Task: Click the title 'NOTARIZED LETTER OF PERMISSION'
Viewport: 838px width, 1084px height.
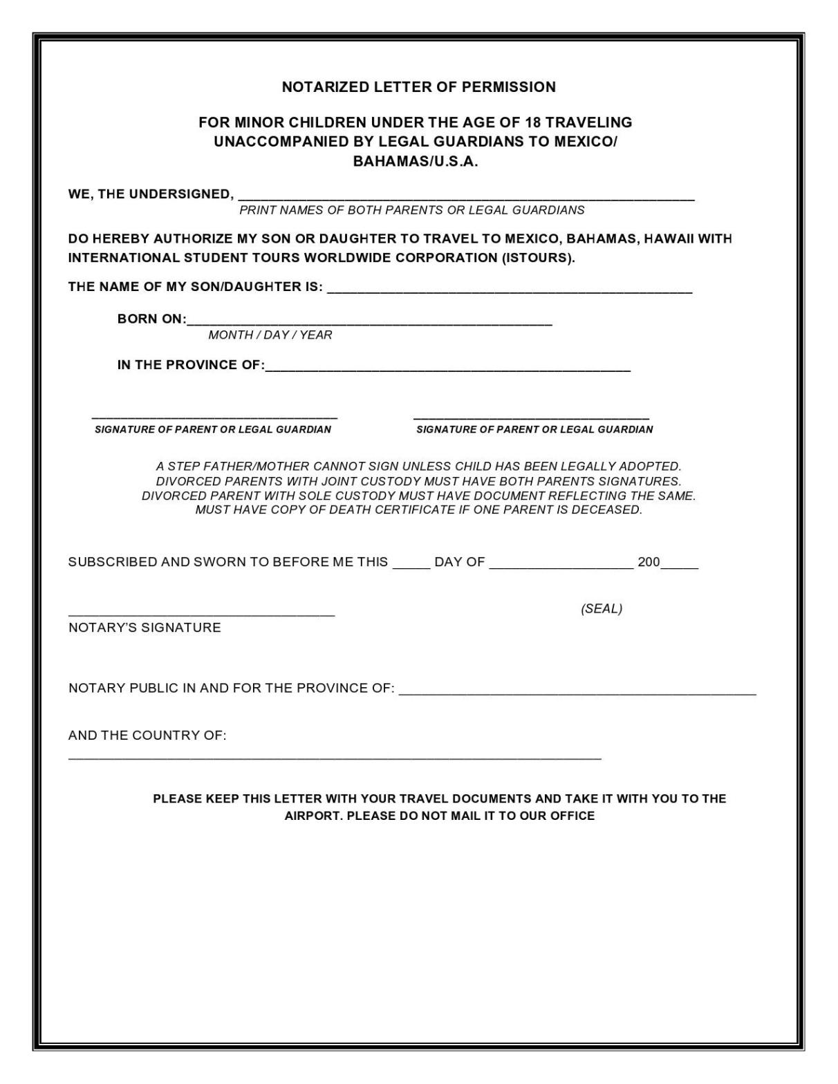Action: point(418,87)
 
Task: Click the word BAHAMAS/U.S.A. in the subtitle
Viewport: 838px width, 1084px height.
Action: point(416,162)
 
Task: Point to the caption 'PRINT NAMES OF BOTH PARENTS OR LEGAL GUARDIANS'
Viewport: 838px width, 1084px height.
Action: point(411,210)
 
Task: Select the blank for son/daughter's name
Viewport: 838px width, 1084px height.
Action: point(509,290)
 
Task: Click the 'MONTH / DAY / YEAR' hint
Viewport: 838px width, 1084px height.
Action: point(270,335)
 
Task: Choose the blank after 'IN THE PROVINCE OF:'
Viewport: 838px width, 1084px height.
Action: point(447,368)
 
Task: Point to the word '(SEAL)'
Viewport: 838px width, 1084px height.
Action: point(602,609)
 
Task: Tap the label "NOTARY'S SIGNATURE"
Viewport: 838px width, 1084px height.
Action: point(145,628)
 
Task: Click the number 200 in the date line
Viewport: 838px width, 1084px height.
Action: point(649,562)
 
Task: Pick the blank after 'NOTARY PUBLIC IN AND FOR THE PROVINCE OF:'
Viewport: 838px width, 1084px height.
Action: point(577,691)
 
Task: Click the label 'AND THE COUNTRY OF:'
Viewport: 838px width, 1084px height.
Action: point(147,736)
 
